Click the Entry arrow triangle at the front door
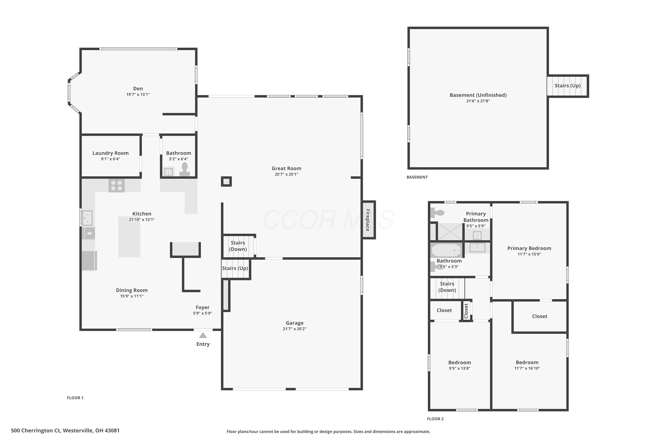pyautogui.click(x=203, y=335)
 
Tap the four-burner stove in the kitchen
pyautogui.click(x=117, y=185)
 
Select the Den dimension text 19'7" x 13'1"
pyautogui.click(x=138, y=95)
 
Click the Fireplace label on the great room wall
pyautogui.click(x=368, y=220)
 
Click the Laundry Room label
pyautogui.click(x=111, y=153)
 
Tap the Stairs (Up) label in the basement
pyautogui.click(x=567, y=86)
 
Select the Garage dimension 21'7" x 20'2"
pyautogui.click(x=294, y=329)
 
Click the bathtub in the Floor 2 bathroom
pyautogui.click(x=446, y=250)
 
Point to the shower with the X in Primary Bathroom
pyautogui.click(x=450, y=231)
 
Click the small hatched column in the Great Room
pyautogui.click(x=226, y=182)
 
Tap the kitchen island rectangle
pyautogui.click(x=129, y=237)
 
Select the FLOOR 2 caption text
pyautogui.click(x=435, y=419)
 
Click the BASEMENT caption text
pyautogui.click(x=417, y=177)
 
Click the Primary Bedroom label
pyautogui.click(x=529, y=248)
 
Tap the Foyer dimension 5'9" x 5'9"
pyautogui.click(x=203, y=313)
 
